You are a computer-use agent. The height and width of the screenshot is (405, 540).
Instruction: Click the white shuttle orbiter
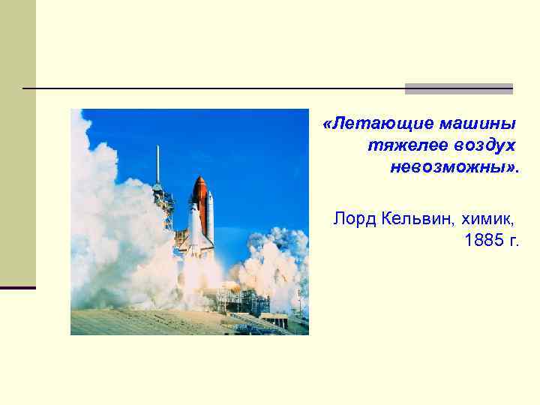(195, 229)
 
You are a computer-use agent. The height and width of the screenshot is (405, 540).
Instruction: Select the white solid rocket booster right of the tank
(210, 217)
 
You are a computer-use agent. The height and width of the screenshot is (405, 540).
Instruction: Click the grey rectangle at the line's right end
(458, 88)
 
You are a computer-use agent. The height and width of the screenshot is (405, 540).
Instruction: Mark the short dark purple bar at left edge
(18, 287)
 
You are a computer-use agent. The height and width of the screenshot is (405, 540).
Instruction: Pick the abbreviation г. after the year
(513, 241)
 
